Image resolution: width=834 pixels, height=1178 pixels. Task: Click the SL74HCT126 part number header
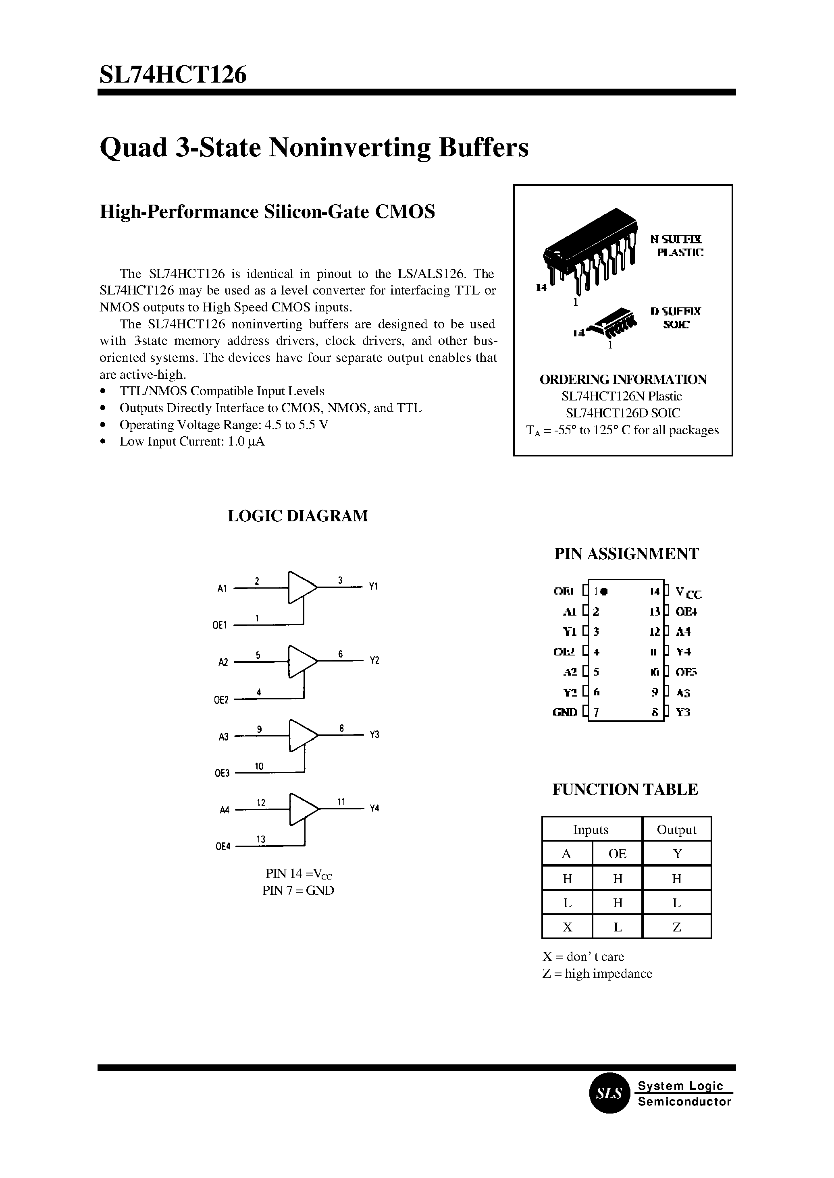click(x=173, y=75)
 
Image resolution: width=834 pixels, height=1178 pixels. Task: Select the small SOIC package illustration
click(x=611, y=324)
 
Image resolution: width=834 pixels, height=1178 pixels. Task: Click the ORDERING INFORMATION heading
click(x=622, y=380)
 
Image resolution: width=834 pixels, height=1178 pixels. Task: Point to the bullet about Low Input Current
click(x=191, y=442)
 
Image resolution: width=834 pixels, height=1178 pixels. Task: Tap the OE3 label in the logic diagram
click(x=222, y=774)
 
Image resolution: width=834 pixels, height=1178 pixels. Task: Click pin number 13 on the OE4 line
click(x=261, y=839)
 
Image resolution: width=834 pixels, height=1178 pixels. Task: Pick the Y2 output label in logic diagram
click(x=374, y=661)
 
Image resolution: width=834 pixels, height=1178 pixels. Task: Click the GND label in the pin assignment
click(x=565, y=712)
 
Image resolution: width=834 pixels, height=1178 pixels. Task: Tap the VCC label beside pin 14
click(x=688, y=593)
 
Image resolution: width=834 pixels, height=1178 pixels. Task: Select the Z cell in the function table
click(x=676, y=927)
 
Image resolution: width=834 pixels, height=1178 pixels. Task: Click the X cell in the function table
click(x=567, y=927)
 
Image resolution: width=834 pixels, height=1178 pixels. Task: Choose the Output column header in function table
click(x=676, y=830)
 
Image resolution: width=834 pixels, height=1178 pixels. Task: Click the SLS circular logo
click(x=609, y=1093)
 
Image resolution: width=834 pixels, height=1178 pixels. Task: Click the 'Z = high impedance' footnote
click(x=597, y=974)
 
